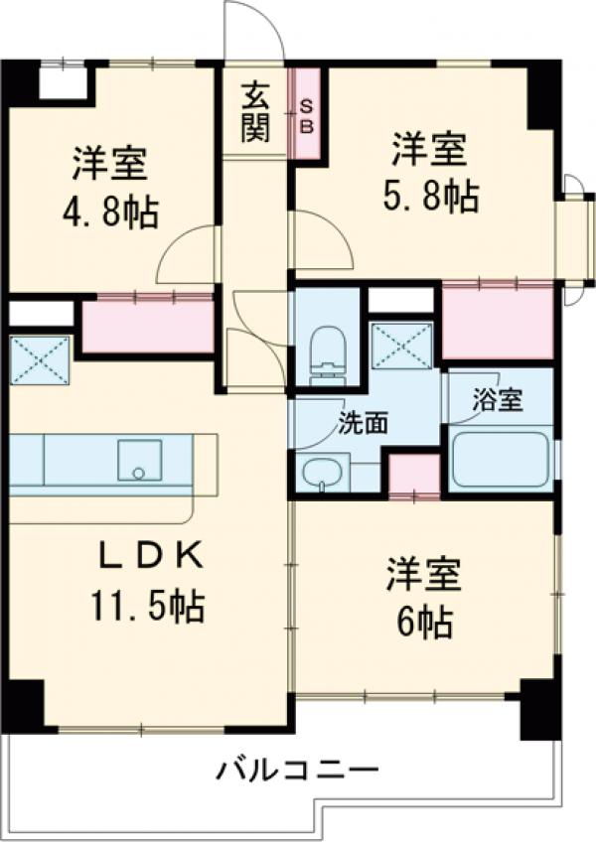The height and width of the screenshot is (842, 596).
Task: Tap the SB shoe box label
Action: click(x=306, y=114)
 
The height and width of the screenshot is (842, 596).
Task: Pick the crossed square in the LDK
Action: click(x=41, y=358)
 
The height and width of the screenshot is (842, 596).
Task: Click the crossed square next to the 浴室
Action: click(x=400, y=346)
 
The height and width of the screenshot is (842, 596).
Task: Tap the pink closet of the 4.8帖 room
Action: click(x=148, y=327)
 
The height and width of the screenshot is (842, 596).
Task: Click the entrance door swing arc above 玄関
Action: click(x=255, y=32)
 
